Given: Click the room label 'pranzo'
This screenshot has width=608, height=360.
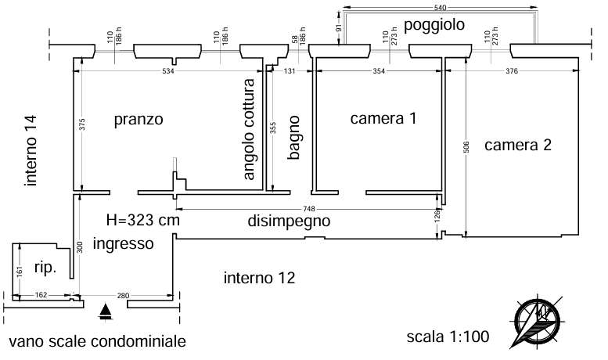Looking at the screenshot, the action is [x=139, y=120].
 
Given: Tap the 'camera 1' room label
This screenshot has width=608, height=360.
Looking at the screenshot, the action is [x=383, y=118].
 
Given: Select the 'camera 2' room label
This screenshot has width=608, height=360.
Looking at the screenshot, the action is [x=518, y=145].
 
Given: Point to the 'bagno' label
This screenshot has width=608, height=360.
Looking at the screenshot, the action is [x=294, y=137].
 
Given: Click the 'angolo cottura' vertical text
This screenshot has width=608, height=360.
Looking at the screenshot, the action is [x=248, y=129].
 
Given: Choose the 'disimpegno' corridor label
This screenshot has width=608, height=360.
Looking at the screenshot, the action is [x=289, y=221].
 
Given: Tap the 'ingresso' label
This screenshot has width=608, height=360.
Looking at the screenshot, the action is [x=124, y=244].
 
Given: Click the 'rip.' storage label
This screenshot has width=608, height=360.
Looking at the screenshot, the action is [x=45, y=268].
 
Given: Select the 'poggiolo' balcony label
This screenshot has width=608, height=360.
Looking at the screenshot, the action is [x=434, y=25].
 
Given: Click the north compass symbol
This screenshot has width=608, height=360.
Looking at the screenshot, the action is [x=537, y=321].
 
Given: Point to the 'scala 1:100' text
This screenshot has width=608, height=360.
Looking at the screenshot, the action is [x=448, y=337].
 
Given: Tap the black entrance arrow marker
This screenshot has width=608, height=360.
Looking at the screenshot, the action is [x=106, y=312].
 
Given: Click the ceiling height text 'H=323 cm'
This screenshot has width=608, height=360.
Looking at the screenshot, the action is [x=143, y=221].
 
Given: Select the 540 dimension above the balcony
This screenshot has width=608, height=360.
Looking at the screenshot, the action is [x=441, y=7].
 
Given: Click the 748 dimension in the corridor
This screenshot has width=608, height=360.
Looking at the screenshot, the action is [x=309, y=209].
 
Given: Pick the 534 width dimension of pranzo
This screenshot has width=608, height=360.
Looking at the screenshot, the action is [x=167, y=71].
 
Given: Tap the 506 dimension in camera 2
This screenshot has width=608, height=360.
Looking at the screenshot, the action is [x=466, y=147].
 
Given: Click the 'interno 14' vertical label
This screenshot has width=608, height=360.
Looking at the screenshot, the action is [x=31, y=150].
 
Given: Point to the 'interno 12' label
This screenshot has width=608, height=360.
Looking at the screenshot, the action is [x=260, y=278].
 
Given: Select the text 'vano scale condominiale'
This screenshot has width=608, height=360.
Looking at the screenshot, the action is [x=97, y=342].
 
